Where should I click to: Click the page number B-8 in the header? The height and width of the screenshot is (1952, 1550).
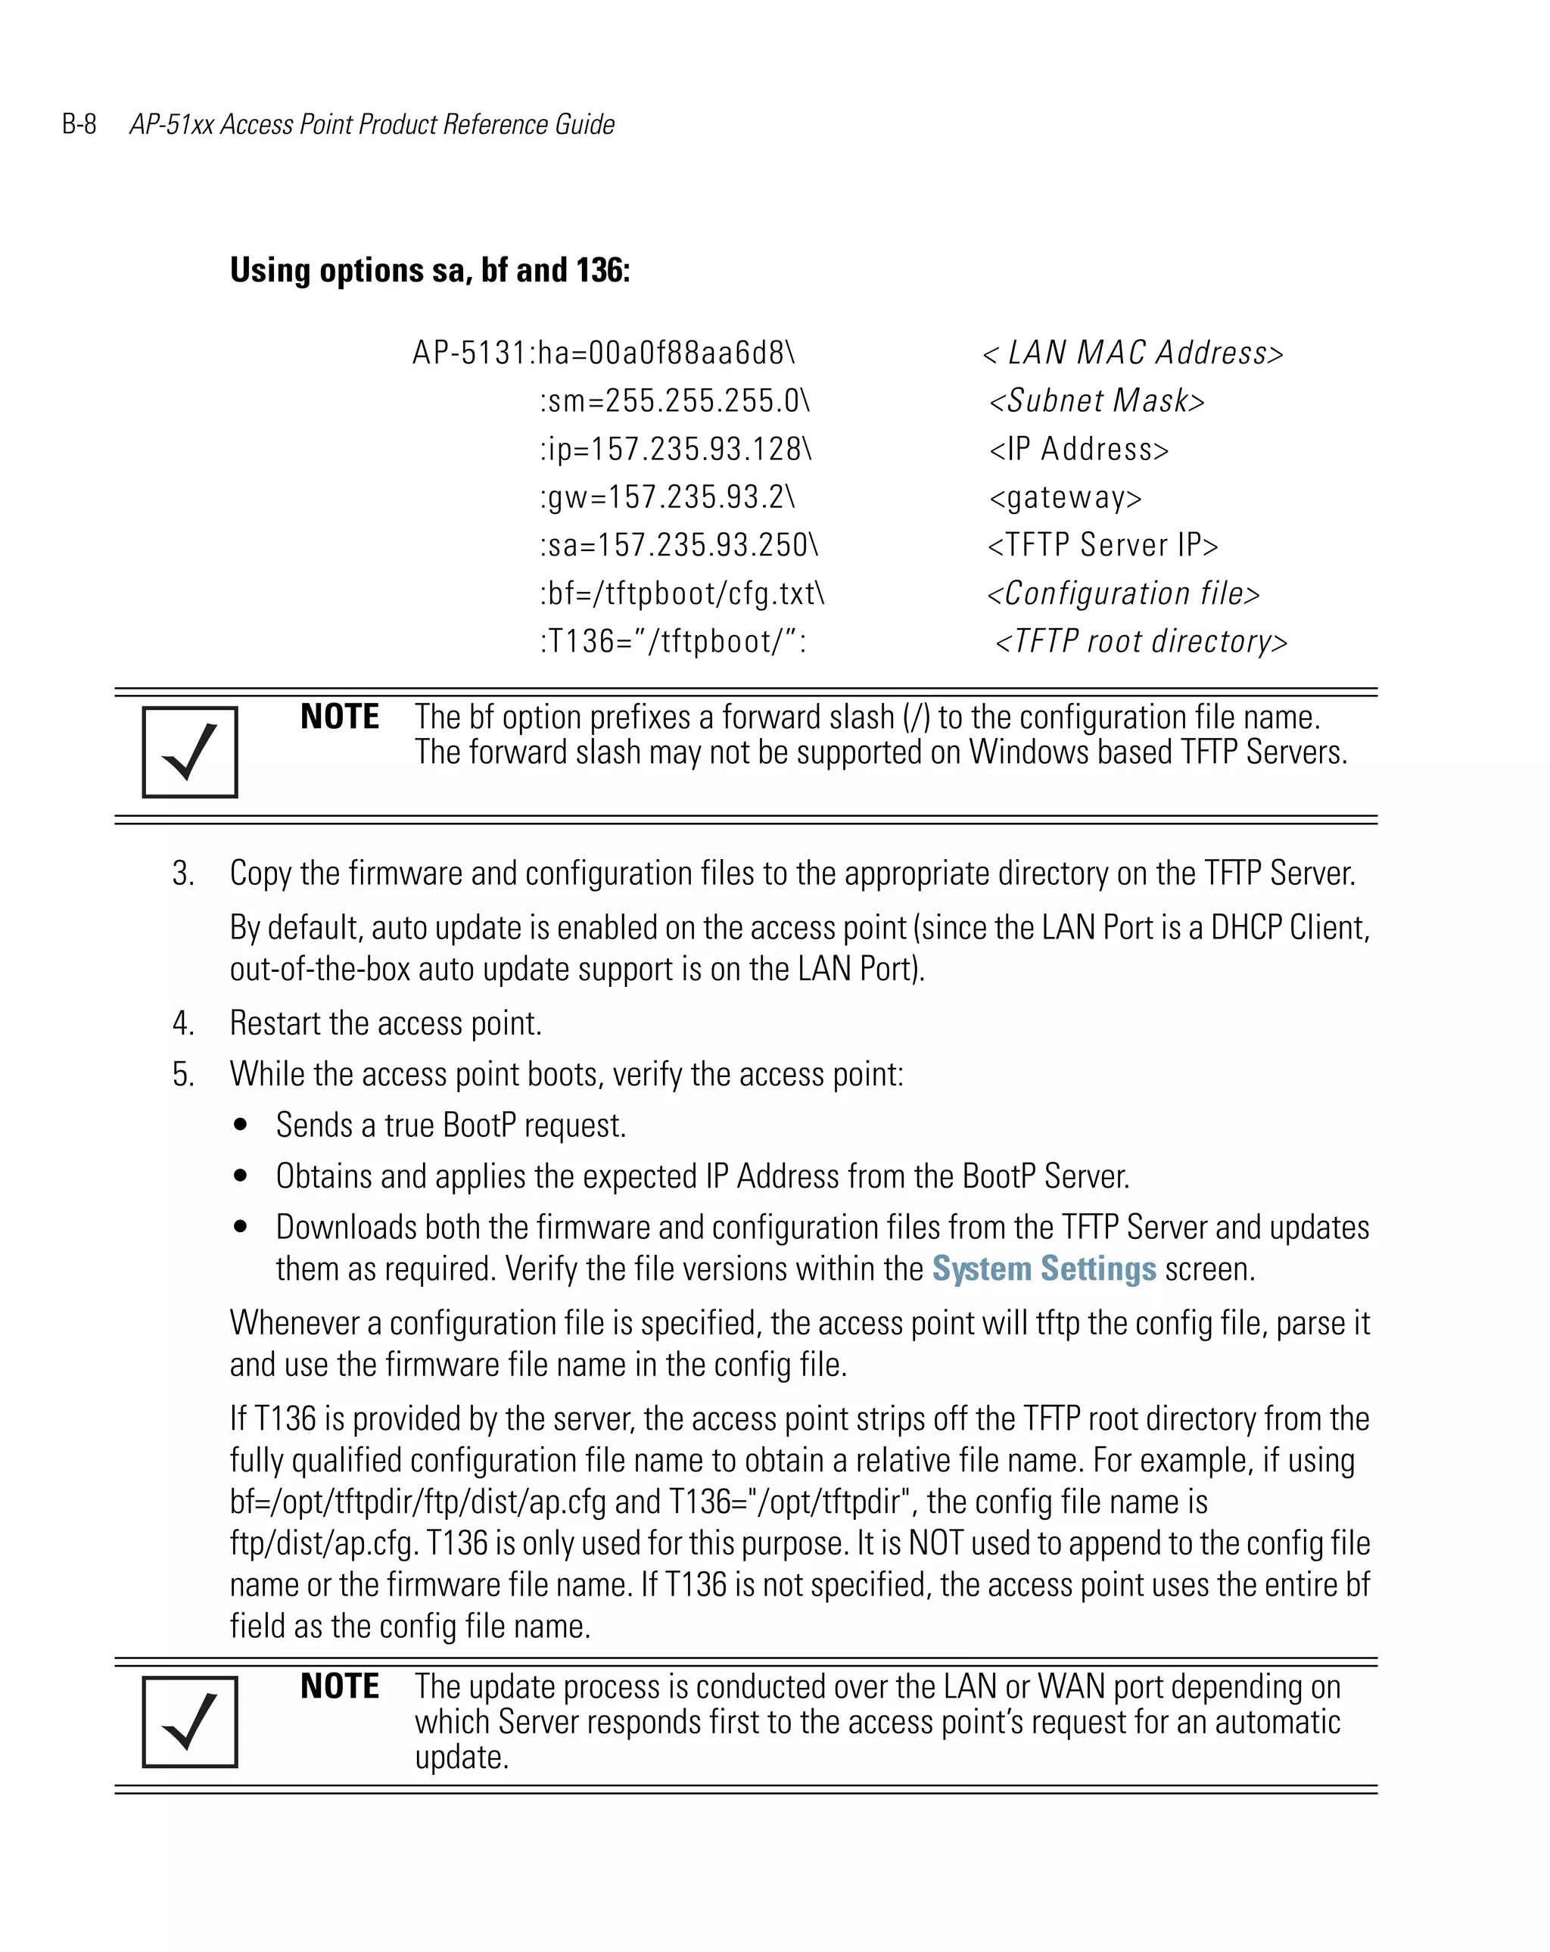pyautogui.click(x=79, y=124)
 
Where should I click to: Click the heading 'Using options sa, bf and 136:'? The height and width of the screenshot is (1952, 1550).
pyautogui.click(x=429, y=269)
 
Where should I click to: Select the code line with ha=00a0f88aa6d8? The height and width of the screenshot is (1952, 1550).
pyautogui.click(x=603, y=352)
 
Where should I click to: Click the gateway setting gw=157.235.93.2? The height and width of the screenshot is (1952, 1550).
pyautogui.click(x=668, y=497)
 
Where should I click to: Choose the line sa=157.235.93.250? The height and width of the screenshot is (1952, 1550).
pyautogui.click(x=679, y=545)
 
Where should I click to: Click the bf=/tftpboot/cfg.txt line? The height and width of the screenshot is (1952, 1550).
pyautogui.click(x=682, y=593)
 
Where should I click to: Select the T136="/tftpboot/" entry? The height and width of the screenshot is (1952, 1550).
pyautogui.click(x=673, y=641)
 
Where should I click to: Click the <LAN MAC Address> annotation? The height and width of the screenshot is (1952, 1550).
pyautogui.click(x=1133, y=352)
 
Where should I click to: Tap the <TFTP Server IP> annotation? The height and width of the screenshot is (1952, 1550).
pyautogui.click(x=1103, y=545)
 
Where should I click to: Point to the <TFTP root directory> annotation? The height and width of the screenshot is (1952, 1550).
pyautogui.click(x=1141, y=641)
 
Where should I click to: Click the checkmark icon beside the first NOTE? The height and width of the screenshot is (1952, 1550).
pyautogui.click(x=189, y=752)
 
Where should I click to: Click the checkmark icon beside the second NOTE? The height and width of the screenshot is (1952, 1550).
pyautogui.click(x=189, y=1721)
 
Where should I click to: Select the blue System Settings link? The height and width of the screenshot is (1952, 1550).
pyautogui.click(x=1044, y=1269)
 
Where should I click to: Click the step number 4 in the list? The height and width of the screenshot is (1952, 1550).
pyautogui.click(x=182, y=1023)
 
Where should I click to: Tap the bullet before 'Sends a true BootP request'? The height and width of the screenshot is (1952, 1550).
pyautogui.click(x=240, y=1125)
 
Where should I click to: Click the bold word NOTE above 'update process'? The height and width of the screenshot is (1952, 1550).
pyautogui.click(x=340, y=1686)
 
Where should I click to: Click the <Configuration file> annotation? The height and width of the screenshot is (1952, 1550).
pyautogui.click(x=1122, y=593)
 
